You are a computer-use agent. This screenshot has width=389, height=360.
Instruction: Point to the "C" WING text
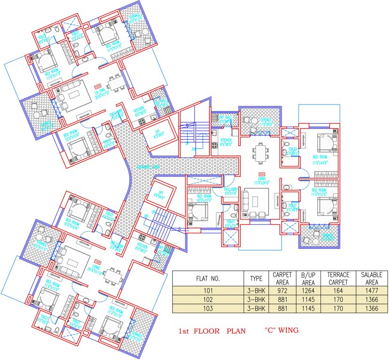click(x=281, y=330)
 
